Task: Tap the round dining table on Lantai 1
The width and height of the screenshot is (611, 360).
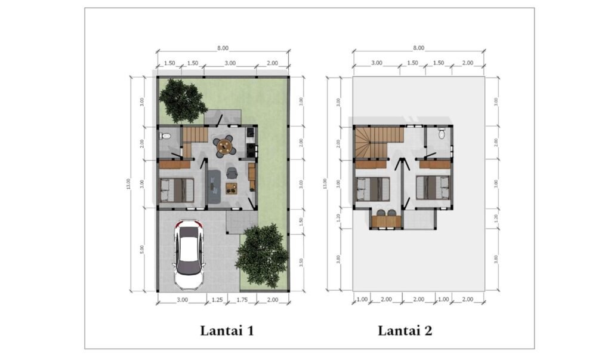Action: coord(225,146)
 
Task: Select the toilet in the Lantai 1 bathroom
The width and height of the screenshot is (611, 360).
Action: coord(165,136)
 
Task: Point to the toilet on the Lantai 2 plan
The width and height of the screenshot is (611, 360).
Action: coord(442,134)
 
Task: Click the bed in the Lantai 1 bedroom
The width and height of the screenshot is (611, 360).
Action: coord(177,190)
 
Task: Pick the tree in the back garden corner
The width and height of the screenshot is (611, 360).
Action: coord(181,100)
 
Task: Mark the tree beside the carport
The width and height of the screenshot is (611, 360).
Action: coord(263,255)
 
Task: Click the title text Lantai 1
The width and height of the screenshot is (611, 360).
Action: coord(227,331)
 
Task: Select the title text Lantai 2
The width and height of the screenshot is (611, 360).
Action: coord(405,331)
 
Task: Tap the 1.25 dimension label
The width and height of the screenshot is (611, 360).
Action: coord(217,300)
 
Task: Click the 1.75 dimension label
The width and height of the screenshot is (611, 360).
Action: coord(242,300)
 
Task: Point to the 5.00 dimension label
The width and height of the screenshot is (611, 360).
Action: coord(142,250)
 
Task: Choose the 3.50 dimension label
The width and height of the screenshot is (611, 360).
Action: coord(301,262)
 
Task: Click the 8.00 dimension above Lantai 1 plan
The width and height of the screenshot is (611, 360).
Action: coord(223,48)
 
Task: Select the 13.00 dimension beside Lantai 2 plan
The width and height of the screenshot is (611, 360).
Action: coord(325,183)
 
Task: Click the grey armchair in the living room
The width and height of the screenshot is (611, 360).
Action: coord(232,172)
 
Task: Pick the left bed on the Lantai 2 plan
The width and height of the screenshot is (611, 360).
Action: coord(373,189)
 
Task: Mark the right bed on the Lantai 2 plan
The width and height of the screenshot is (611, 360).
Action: coord(433,187)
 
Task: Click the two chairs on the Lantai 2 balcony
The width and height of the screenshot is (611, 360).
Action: coord(386,213)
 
